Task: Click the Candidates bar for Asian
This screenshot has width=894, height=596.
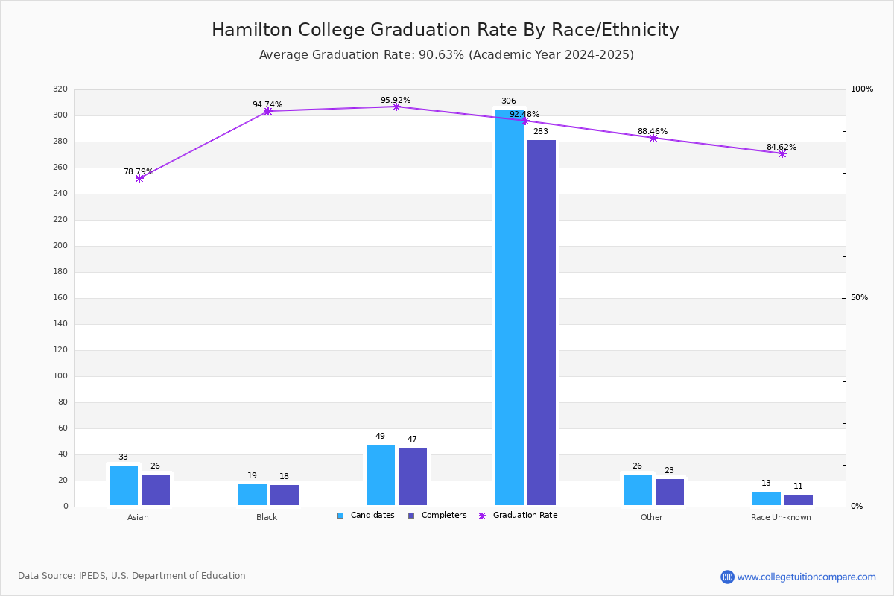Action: (124, 485)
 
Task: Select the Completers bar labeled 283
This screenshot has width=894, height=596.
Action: (542, 323)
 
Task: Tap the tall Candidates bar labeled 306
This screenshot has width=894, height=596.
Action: (510, 308)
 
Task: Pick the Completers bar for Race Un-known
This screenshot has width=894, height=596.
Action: (799, 500)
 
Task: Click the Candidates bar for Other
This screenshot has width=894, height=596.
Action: (638, 489)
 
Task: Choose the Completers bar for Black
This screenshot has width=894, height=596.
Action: (285, 495)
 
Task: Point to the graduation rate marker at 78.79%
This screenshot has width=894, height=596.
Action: (139, 179)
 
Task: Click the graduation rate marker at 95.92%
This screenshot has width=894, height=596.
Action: (396, 107)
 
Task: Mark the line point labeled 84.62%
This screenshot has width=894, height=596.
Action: (782, 153)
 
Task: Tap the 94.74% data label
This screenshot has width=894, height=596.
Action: (267, 105)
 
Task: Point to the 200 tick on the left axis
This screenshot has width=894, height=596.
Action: (60, 246)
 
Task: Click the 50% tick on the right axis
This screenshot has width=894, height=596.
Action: (859, 298)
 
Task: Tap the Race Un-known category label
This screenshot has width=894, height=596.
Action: (781, 517)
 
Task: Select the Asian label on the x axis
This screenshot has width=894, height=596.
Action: (138, 517)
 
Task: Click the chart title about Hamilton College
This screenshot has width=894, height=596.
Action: (446, 30)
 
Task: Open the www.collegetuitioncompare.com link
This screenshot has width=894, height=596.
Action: (806, 577)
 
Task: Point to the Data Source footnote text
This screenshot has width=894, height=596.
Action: (132, 576)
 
